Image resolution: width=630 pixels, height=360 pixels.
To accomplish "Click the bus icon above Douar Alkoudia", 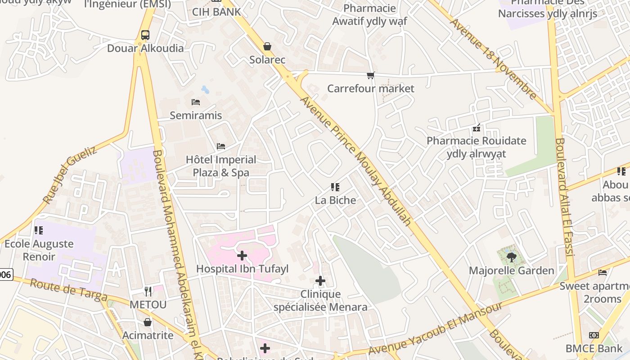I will (145, 35).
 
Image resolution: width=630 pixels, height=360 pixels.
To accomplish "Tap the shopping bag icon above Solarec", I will (267, 46).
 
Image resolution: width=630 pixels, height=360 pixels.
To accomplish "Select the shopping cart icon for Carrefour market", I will (370, 75).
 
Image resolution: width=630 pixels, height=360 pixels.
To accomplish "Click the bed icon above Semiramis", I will (195, 102).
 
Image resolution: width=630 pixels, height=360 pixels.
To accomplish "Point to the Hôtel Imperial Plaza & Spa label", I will (221, 166).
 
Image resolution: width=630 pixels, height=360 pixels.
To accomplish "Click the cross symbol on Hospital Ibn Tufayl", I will (242, 256).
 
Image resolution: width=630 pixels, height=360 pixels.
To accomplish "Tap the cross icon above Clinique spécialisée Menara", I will (320, 281).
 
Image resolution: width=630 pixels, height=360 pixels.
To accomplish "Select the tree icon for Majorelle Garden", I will (511, 257).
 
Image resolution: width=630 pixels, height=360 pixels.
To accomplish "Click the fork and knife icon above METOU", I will (148, 292).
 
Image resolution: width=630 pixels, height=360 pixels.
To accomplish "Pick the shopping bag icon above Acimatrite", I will (148, 322).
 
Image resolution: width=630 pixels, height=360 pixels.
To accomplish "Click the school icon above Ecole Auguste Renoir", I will (39, 230).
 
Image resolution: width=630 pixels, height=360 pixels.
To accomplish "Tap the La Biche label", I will (335, 200).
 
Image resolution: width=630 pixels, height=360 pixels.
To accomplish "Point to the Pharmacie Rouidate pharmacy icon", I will (477, 128).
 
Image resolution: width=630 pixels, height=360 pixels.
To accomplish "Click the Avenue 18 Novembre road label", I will (494, 59).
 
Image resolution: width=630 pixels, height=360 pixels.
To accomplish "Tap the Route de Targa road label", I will (68, 290).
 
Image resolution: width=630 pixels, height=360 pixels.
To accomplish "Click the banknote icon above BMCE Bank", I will (594, 335).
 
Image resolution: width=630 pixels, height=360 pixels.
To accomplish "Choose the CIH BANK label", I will (216, 12).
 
